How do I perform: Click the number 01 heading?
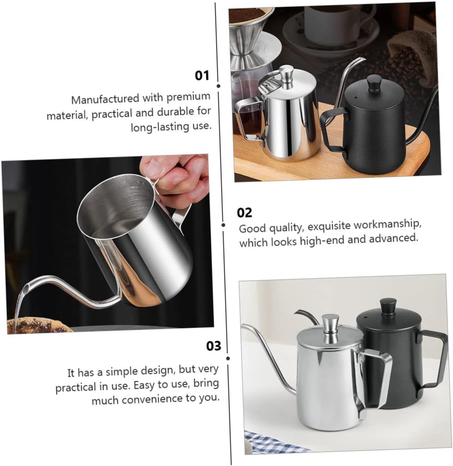point(202,75)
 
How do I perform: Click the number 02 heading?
point(244,212)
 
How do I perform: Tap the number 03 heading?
point(213,345)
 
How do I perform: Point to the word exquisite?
point(330,226)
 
